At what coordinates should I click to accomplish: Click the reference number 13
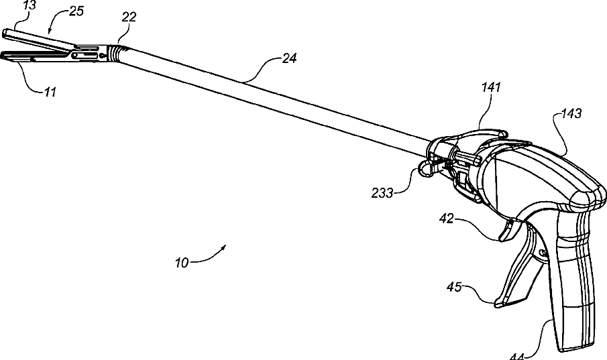pos(11,5)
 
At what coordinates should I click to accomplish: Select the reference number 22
pos(129,17)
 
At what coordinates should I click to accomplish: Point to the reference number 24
pos(289,59)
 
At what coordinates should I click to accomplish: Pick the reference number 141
pos(490,86)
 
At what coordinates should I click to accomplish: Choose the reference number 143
pos(573,114)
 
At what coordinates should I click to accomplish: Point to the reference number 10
pos(182,262)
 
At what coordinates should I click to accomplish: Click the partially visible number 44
pos(517,356)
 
